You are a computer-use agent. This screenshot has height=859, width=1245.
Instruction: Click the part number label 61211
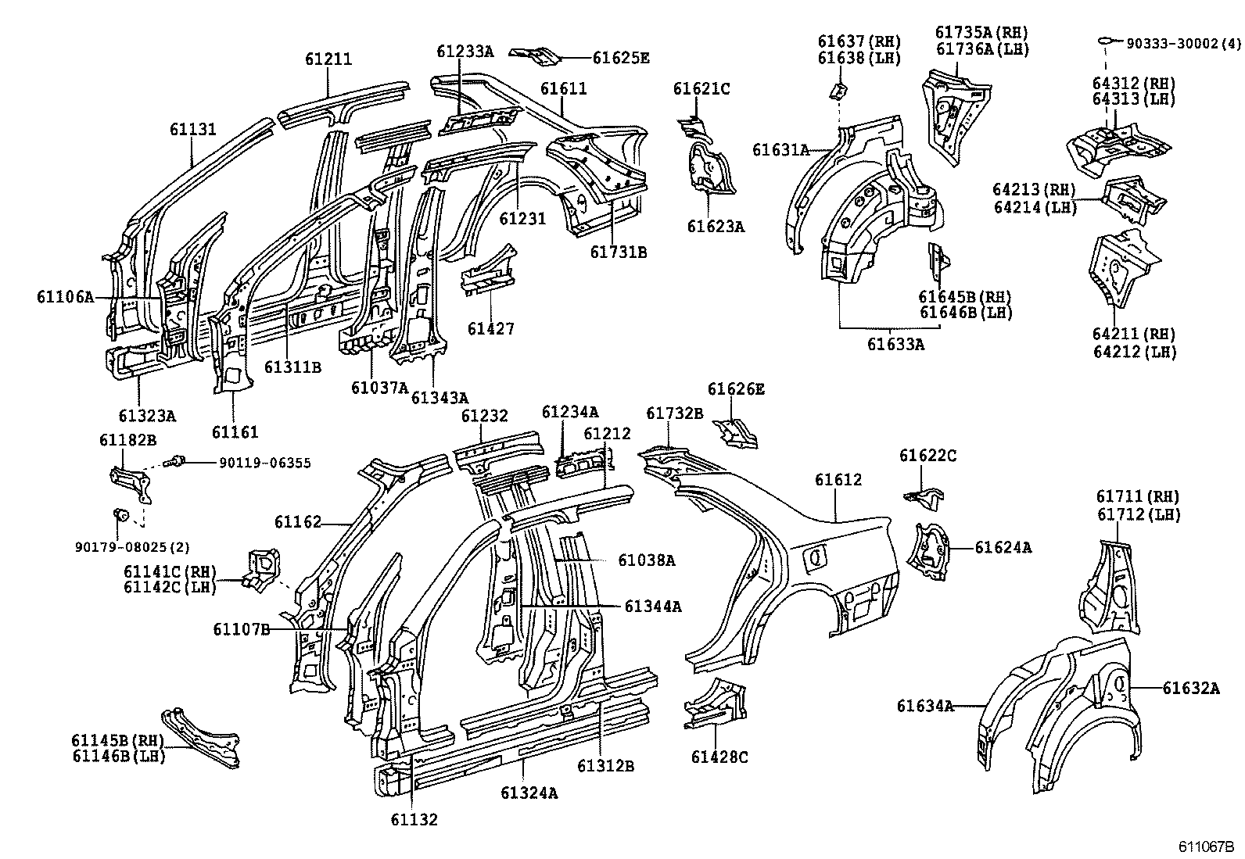(328, 59)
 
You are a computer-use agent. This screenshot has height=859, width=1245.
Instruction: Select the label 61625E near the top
(621, 57)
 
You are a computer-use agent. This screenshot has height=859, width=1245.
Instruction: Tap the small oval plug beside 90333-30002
(1105, 39)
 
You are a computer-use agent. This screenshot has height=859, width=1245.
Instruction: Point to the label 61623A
(716, 227)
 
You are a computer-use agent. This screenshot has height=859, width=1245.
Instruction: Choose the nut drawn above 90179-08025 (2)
(120, 514)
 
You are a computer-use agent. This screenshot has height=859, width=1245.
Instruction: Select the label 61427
(491, 328)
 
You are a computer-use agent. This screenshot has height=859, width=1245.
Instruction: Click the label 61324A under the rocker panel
(529, 793)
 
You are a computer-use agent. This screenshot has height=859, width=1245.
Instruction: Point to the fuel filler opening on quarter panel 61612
(815, 557)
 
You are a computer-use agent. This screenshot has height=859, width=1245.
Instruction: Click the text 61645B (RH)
(964, 297)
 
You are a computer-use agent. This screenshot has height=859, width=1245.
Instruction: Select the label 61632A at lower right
(1190, 688)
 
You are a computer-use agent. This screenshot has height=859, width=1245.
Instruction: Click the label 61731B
(618, 252)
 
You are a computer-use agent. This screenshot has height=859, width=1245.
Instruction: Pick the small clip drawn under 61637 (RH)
(838, 91)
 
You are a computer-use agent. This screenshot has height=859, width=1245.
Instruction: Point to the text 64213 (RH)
(1034, 190)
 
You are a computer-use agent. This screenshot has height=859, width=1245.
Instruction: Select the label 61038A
(646, 560)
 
